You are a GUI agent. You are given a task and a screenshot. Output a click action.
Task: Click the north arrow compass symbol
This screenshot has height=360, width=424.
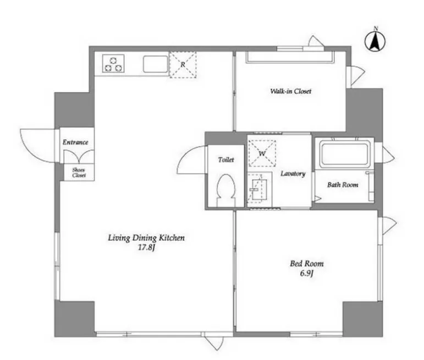[375, 41]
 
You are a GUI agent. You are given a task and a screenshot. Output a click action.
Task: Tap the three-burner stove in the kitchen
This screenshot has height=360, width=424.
[113, 64]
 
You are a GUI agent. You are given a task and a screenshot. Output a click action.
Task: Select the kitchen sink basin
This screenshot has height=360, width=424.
[155, 64]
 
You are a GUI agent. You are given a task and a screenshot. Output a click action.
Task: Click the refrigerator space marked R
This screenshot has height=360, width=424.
[183, 65]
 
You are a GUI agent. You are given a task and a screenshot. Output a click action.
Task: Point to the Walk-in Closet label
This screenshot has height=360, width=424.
[291, 91]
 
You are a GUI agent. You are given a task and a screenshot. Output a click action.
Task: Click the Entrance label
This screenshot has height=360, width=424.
[75, 142]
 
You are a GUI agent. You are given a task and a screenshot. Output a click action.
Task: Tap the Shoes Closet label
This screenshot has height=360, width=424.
[79, 173]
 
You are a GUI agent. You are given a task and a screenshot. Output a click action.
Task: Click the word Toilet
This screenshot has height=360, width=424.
[226, 160]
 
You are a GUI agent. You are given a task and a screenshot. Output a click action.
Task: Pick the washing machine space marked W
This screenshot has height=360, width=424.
[262, 153]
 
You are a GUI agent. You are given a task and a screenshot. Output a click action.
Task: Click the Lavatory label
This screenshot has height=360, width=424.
[293, 174]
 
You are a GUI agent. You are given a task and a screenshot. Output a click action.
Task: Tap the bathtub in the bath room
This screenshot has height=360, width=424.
[344, 154]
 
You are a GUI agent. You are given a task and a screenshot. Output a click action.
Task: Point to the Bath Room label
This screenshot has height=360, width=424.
[343, 185]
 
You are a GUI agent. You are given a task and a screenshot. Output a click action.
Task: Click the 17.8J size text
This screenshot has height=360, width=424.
[146, 247]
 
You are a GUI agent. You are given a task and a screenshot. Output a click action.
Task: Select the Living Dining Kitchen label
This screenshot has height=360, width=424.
[146, 238]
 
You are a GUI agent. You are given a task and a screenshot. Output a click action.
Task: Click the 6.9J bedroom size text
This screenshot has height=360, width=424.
[307, 274]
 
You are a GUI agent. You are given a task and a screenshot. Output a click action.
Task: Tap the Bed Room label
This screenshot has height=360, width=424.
[307, 263]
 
